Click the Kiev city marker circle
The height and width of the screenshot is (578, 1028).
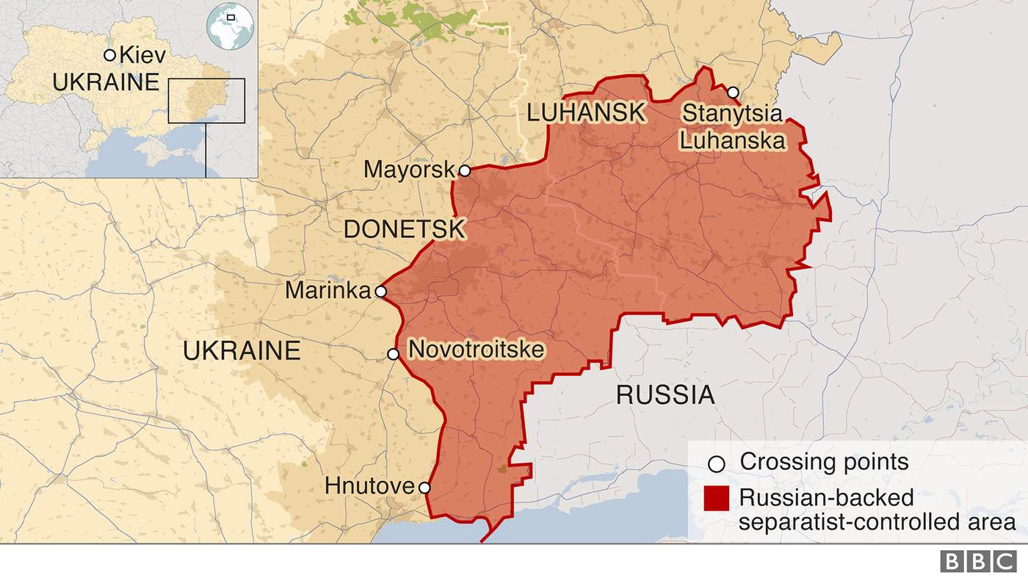click(x=109, y=55)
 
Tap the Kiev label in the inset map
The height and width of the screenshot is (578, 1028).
click(x=142, y=55)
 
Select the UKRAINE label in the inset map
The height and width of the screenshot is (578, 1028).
click(x=106, y=82)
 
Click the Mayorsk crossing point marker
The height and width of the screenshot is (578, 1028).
click(x=464, y=170)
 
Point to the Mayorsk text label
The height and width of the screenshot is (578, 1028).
click(x=410, y=170)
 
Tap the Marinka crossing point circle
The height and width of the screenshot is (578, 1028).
click(x=380, y=292)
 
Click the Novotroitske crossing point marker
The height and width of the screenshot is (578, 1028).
click(x=394, y=354)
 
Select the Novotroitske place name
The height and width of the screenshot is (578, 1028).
click(x=476, y=350)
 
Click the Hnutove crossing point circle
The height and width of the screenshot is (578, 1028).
click(x=424, y=487)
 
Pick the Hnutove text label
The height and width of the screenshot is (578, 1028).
click(x=370, y=486)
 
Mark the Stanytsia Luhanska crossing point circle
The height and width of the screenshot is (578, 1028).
click(x=733, y=92)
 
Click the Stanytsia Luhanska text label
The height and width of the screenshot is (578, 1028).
click(x=732, y=126)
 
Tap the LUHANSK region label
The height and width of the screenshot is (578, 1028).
click(x=586, y=113)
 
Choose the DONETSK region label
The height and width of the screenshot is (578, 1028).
click(x=404, y=229)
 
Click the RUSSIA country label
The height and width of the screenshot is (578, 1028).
click(x=665, y=395)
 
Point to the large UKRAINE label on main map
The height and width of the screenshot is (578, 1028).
click(x=242, y=351)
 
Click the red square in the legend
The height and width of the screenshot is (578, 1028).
click(x=716, y=498)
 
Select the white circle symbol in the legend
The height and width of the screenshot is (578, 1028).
click(x=716, y=463)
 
